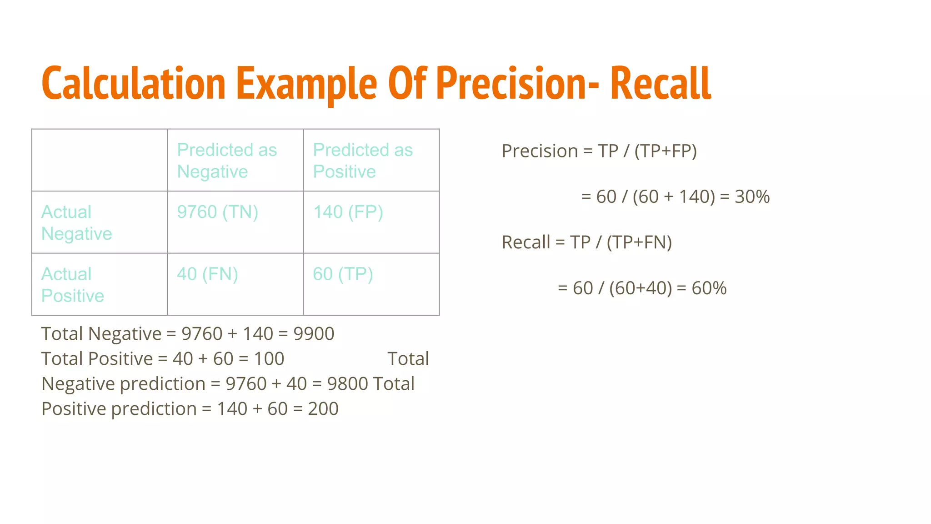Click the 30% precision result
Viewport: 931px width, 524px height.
752,197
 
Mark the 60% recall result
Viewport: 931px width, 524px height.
709,288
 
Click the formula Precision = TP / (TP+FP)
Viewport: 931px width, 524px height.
599,151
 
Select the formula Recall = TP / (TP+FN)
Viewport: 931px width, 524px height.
586,242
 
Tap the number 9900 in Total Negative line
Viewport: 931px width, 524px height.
314,334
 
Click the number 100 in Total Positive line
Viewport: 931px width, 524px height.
269,359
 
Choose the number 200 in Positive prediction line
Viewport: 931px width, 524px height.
323,409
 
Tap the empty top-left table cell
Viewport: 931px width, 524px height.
100,160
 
